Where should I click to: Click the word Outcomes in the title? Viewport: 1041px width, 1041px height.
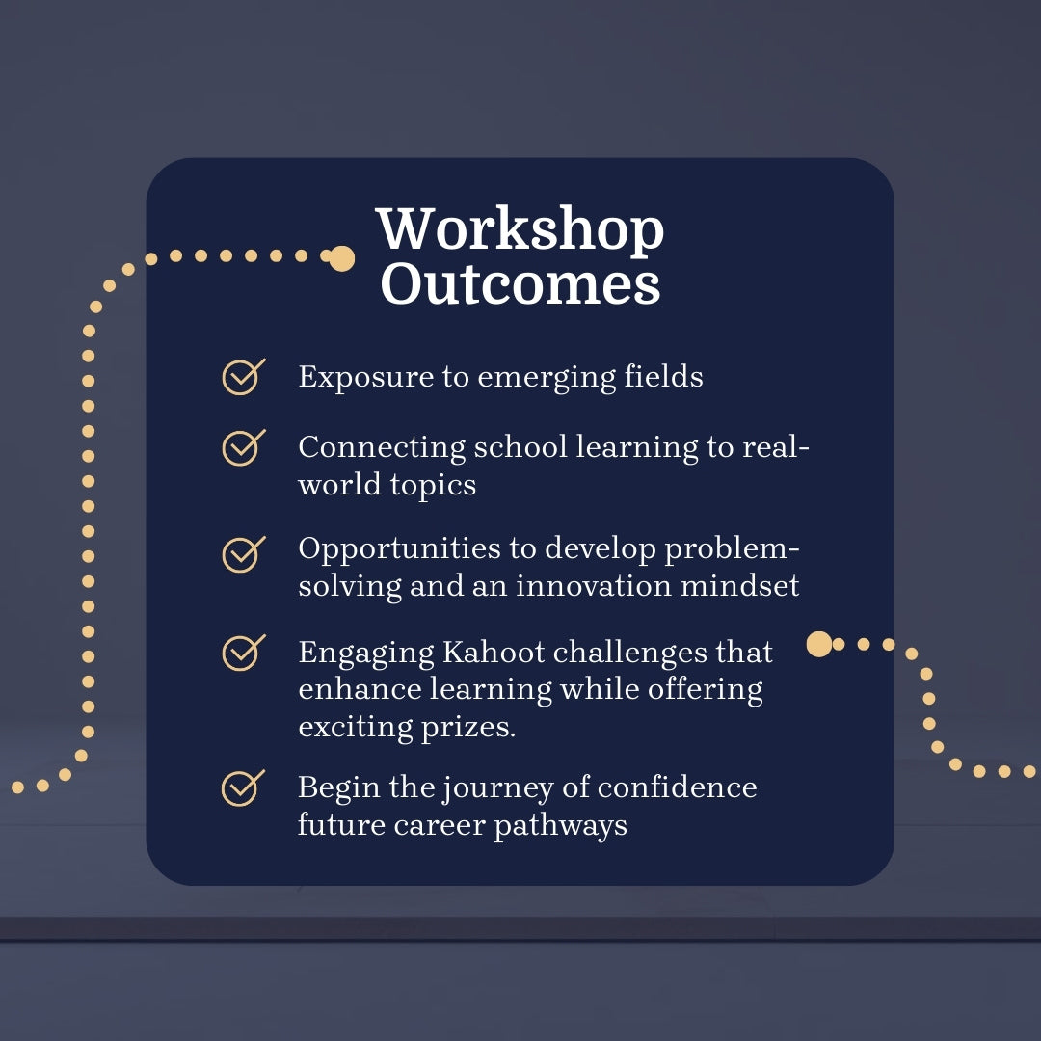520,285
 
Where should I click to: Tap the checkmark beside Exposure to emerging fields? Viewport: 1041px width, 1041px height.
243,376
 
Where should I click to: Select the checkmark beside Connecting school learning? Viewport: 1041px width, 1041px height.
243,446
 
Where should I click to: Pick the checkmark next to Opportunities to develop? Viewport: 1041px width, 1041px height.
243,552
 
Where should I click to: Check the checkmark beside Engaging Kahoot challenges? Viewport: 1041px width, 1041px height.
243,653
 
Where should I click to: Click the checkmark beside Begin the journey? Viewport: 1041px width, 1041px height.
243,787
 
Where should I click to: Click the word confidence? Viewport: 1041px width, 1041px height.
677,787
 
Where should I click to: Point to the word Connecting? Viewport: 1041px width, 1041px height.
382,448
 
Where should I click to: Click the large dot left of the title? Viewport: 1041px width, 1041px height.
342,258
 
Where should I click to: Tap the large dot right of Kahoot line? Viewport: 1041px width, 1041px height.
819,644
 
